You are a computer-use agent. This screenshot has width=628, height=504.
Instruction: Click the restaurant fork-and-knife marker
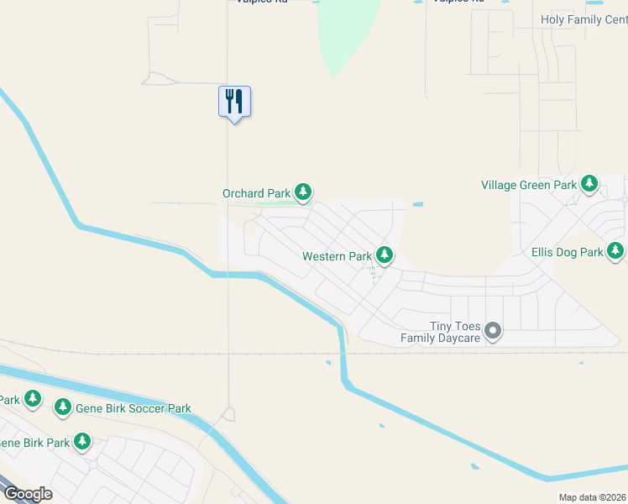pyautogui.click(x=234, y=102)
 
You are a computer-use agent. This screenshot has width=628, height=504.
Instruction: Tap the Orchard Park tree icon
pyautogui.click(x=303, y=193)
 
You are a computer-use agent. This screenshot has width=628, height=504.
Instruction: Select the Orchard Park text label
pyautogui.click(x=256, y=193)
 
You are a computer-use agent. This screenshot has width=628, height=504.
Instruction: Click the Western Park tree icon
pyautogui.click(x=385, y=254)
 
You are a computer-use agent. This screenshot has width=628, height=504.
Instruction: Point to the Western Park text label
pyautogui.click(x=337, y=256)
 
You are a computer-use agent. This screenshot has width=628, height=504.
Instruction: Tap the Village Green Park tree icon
pyautogui.click(x=589, y=183)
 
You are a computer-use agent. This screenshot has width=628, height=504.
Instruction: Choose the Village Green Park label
pyautogui.click(x=528, y=185)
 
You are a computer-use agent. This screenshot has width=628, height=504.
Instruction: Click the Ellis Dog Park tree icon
pyautogui.click(x=615, y=250)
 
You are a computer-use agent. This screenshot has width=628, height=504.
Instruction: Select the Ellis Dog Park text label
pyautogui.click(x=567, y=252)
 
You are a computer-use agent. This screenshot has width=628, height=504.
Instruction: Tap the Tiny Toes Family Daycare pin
pyautogui.click(x=494, y=331)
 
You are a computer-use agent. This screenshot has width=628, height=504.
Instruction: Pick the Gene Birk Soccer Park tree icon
pyautogui.click(x=62, y=407)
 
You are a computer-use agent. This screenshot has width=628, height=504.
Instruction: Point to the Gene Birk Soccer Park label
pyautogui.click(x=133, y=409)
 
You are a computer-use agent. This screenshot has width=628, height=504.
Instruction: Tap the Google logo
pyautogui.click(x=28, y=494)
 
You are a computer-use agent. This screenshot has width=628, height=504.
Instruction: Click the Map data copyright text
pyautogui.click(x=592, y=498)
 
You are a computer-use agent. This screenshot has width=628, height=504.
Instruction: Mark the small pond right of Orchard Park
pyautogui.click(x=417, y=204)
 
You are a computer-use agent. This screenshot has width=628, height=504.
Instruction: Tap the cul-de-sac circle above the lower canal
pyautogui.click(x=228, y=414)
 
